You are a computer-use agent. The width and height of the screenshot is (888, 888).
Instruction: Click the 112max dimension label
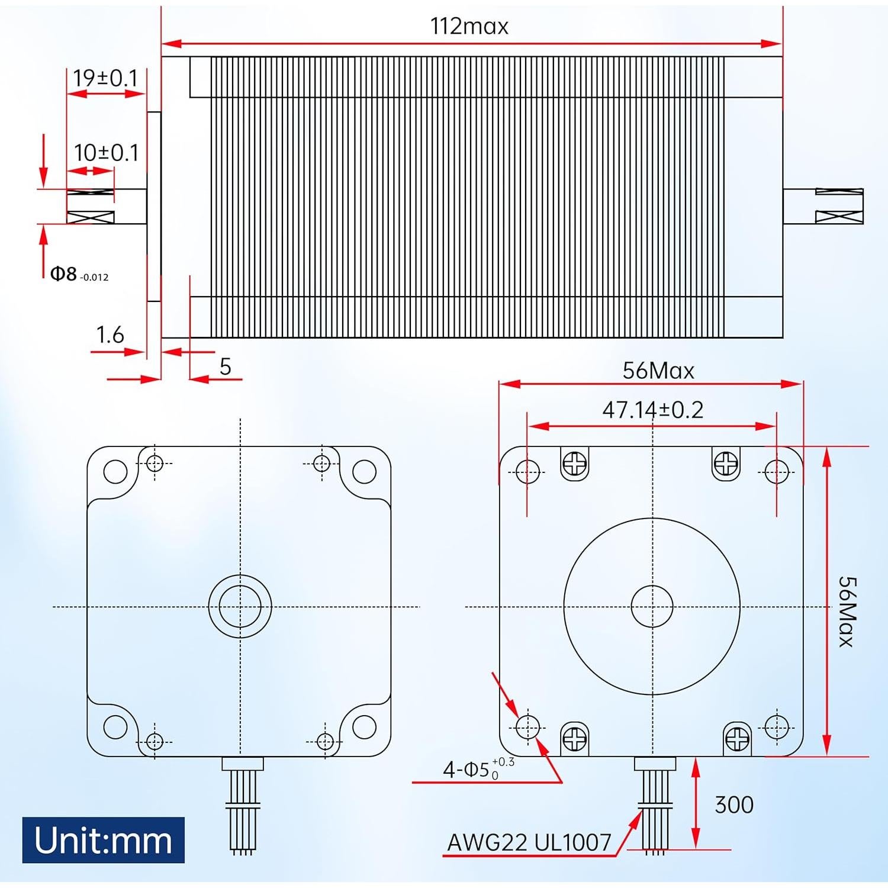coord(469,27)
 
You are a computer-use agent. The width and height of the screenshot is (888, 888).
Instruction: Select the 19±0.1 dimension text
coord(105,78)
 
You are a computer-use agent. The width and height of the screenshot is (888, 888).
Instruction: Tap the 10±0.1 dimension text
coord(106,153)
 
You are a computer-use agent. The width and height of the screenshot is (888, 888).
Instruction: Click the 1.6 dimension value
coord(110,335)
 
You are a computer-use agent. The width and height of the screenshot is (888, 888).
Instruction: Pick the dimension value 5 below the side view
coord(225,367)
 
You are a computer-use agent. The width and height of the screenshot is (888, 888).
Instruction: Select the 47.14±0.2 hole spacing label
coord(652,410)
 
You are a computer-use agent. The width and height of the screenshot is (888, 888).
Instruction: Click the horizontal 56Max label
coord(658,371)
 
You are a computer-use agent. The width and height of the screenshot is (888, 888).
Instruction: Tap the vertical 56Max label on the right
coord(847,612)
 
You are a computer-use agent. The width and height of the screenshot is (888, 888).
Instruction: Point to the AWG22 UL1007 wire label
coord(529,842)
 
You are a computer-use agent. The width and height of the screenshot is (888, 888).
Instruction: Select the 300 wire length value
coord(733,805)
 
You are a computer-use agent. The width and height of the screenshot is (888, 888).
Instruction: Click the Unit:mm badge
coord(104,840)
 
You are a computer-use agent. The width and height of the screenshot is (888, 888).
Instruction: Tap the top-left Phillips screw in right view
coord(574,463)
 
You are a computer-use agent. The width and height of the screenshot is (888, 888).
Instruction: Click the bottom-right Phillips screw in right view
coord(737,738)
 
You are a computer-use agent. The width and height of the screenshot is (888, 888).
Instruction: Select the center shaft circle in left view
coord(240,606)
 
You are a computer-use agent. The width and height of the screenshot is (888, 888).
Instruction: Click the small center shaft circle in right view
coord(652,606)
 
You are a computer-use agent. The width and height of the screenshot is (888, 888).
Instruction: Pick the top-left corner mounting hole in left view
coord(115,471)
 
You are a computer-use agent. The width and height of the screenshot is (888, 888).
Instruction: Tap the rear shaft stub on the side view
coord(823,206)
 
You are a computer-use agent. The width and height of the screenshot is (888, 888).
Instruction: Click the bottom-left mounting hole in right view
coord(527,727)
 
